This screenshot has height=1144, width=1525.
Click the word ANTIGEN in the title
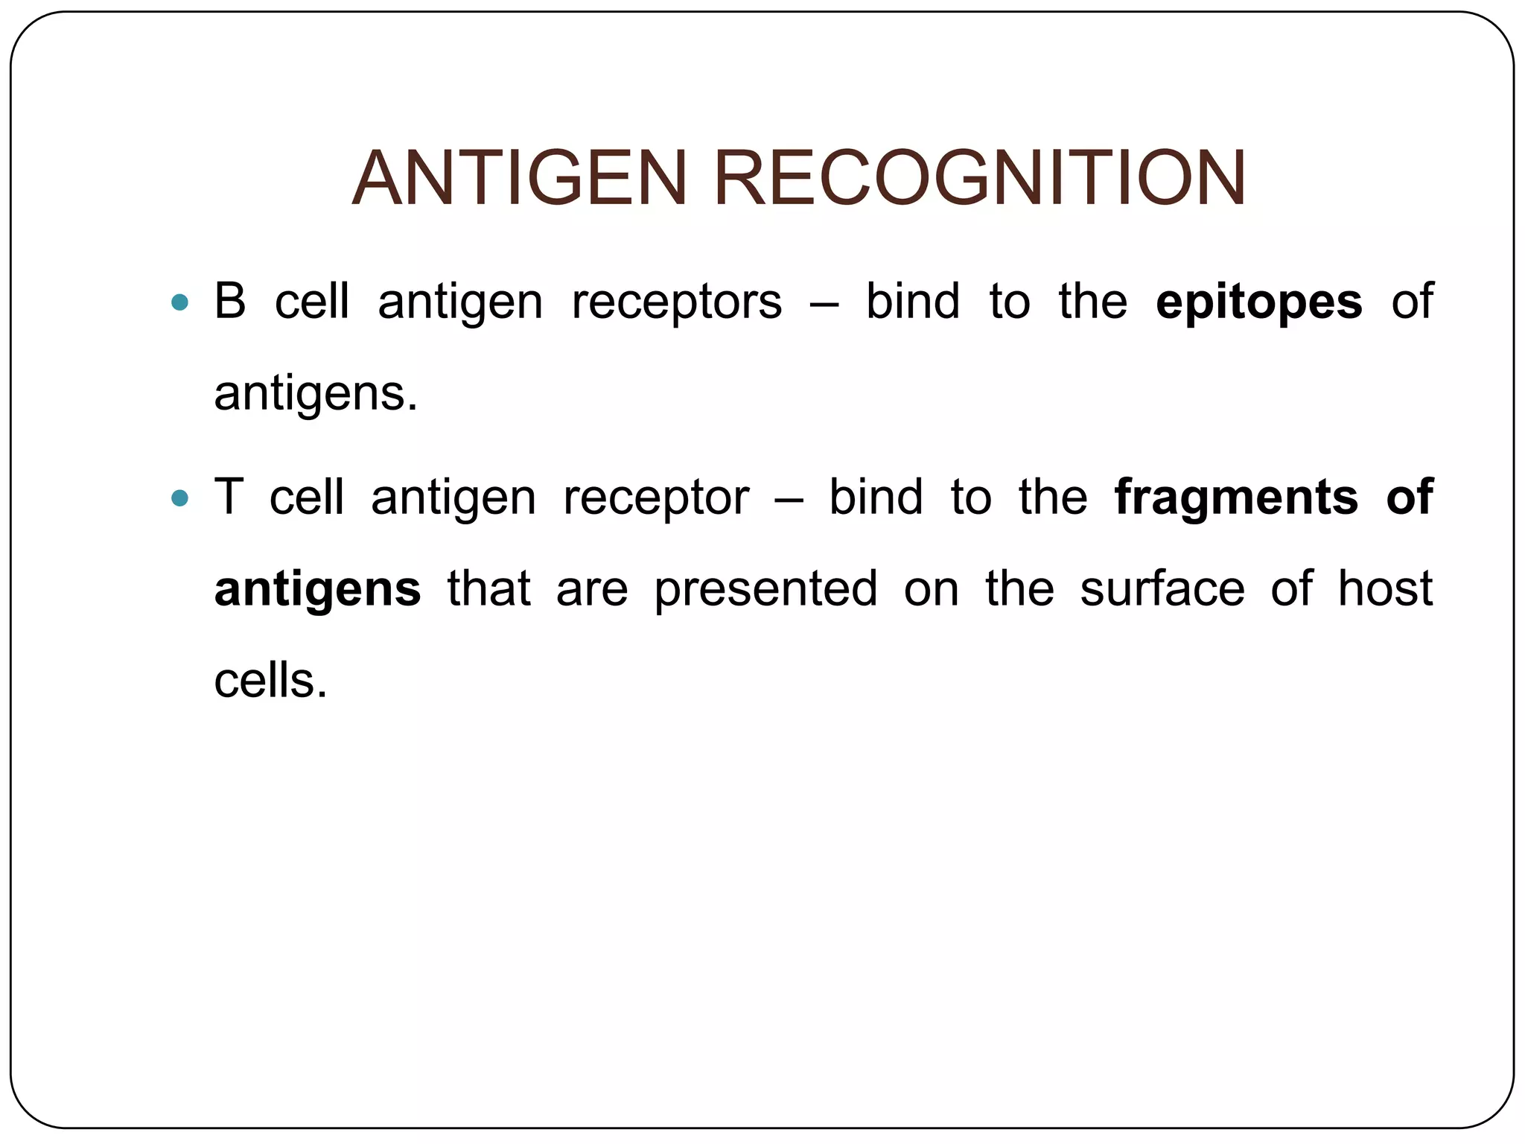pyautogui.click(x=519, y=179)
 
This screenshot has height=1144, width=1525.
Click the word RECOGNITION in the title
pyautogui.click(x=979, y=179)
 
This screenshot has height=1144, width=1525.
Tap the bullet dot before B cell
pyautogui.click(x=179, y=302)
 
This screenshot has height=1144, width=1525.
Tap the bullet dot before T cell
pyautogui.click(x=179, y=498)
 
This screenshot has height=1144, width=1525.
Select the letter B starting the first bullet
pyautogui.click(x=229, y=302)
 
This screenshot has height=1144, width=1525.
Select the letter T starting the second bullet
pyautogui.click(x=228, y=498)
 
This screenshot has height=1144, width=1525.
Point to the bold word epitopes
pyautogui.click(x=1259, y=303)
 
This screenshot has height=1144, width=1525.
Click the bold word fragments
pyautogui.click(x=1236, y=498)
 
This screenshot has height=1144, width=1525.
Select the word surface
pyautogui.click(x=1162, y=588)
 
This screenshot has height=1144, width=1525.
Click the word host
pyautogui.click(x=1384, y=588)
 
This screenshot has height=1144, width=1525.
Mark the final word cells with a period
pyautogui.click(x=270, y=681)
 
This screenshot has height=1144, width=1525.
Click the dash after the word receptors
pyautogui.click(x=823, y=303)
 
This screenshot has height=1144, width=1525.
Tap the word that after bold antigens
pyautogui.click(x=488, y=588)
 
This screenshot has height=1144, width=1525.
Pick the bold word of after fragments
pyautogui.click(x=1409, y=498)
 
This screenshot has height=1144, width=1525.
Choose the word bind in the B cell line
pyautogui.click(x=912, y=302)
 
